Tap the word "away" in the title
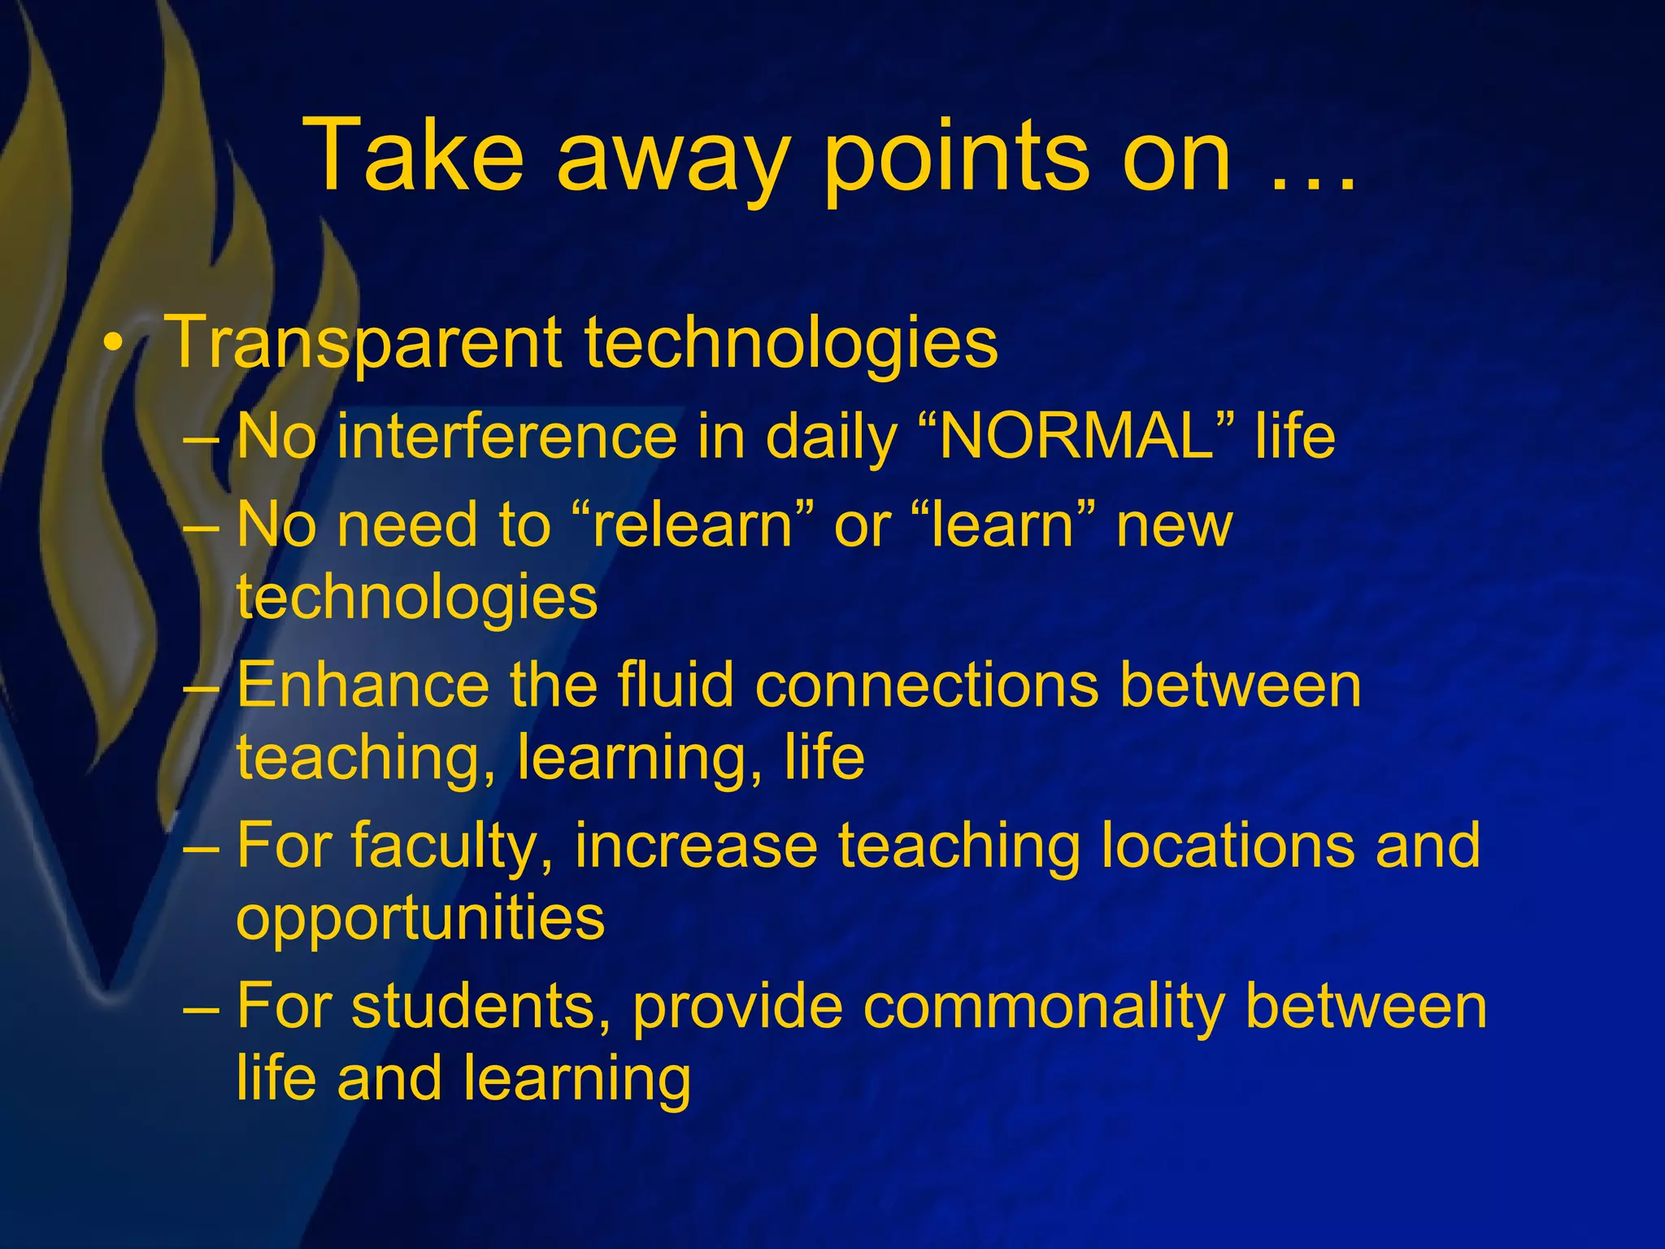673,163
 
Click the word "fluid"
676,685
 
